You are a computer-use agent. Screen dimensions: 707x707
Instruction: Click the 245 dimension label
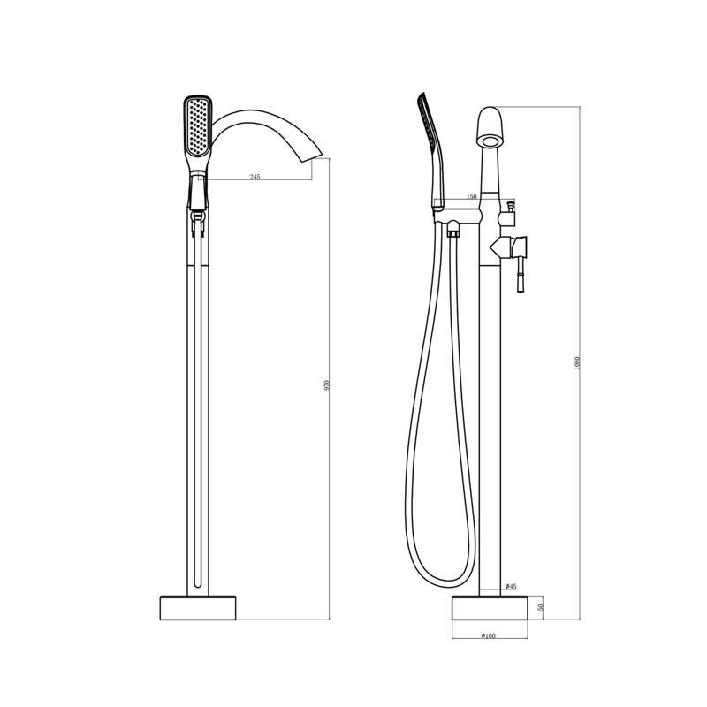coord(255,177)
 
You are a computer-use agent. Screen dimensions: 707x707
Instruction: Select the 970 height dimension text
coord(328,384)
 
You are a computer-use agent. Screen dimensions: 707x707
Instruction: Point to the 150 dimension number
coord(471,196)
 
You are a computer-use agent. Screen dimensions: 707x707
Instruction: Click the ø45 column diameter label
coord(511,586)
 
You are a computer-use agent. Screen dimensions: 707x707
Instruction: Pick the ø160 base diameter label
coord(489,635)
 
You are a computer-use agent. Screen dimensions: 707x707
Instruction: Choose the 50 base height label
coord(541,607)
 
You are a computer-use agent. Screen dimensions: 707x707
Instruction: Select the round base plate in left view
coord(198,607)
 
